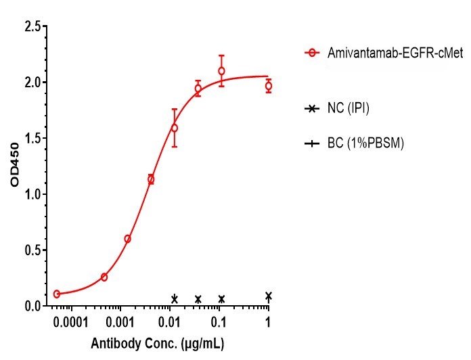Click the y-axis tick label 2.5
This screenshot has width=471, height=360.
[x=31, y=26]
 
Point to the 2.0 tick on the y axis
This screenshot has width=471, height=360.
[x=31, y=83]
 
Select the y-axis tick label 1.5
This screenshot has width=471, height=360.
[x=31, y=139]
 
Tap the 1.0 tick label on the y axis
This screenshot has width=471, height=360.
[x=31, y=194]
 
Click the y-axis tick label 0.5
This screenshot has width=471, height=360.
[x=31, y=250]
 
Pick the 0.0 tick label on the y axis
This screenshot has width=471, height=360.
[x=31, y=307]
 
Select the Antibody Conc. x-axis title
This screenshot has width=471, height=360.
[x=157, y=344]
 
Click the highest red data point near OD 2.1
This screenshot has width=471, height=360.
[x=221, y=71]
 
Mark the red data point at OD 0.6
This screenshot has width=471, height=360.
[x=127, y=239]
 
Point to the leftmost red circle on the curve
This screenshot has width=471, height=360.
[x=57, y=294]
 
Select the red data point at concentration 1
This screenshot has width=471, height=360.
[x=269, y=86]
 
